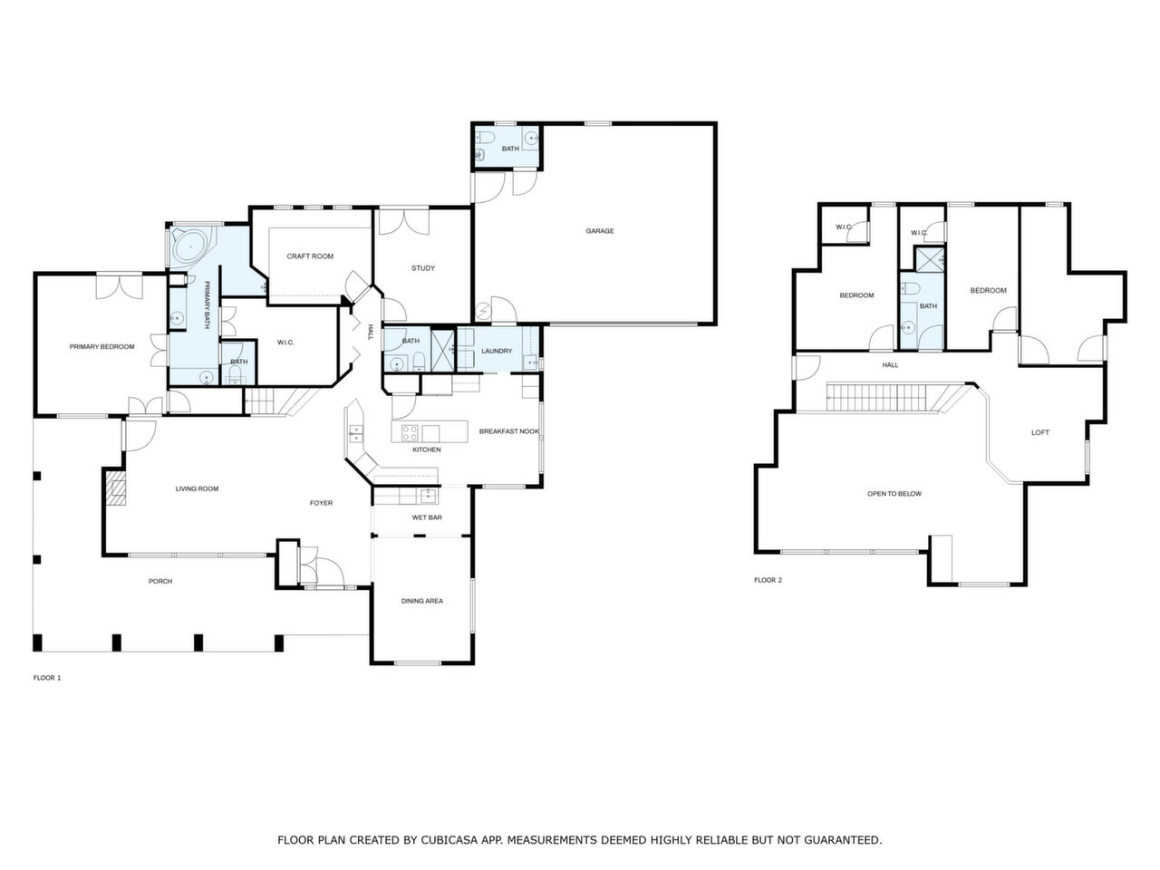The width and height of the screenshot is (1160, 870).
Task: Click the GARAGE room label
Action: coord(599,231)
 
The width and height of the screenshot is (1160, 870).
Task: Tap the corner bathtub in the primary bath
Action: coord(191,246)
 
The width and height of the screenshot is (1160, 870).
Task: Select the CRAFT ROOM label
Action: coord(310,256)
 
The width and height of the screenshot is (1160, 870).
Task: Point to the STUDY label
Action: coord(423,268)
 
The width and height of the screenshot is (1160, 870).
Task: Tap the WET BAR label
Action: coord(427,517)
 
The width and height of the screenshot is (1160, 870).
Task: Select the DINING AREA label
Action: coord(422,601)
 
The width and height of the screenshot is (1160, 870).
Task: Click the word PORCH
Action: coord(160,581)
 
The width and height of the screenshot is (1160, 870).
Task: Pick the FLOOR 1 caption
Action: coord(47,678)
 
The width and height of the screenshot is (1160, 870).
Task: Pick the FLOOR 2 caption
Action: coord(768,580)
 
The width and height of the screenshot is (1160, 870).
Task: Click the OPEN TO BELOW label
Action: coord(894,494)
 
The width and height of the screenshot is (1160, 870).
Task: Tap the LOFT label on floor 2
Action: coord(1040,432)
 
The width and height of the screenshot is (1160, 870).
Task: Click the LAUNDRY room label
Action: coord(497,351)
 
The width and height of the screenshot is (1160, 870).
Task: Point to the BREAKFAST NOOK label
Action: coord(509,431)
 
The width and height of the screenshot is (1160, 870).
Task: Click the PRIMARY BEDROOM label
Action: coord(102,346)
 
